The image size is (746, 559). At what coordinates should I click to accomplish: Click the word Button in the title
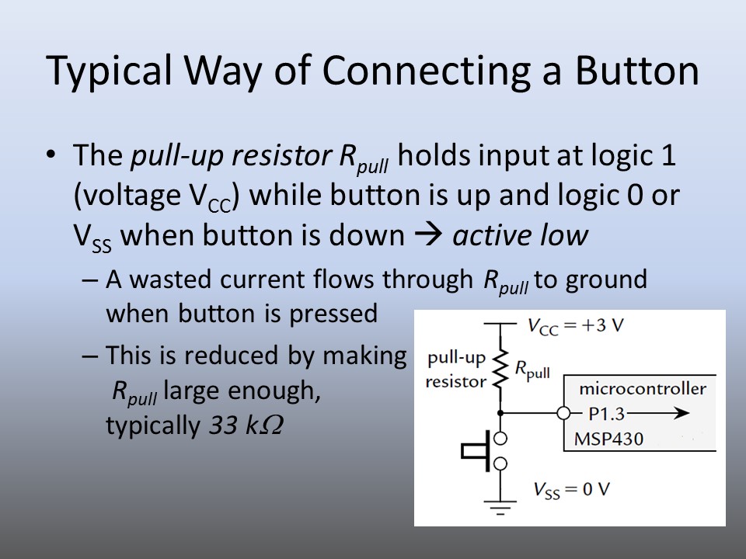click(x=636, y=71)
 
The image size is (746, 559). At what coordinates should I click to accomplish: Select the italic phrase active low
click(x=519, y=235)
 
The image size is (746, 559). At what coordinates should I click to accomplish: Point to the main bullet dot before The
click(x=51, y=155)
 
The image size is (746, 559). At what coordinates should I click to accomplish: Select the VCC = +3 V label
click(x=576, y=325)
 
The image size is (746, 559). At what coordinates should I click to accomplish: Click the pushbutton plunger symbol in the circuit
click(x=476, y=450)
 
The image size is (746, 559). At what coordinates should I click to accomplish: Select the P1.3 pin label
click(x=596, y=413)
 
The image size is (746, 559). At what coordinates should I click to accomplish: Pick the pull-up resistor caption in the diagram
click(x=455, y=370)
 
